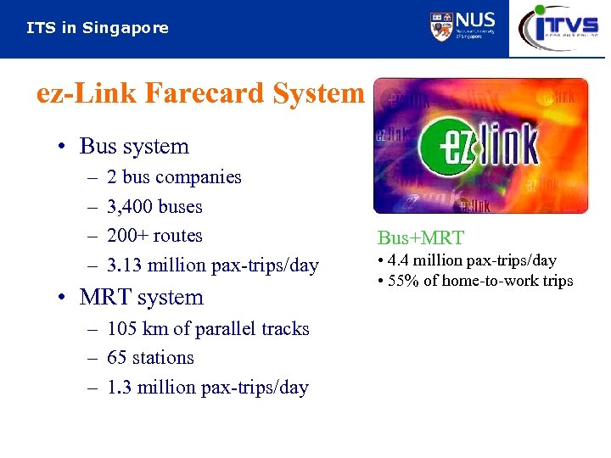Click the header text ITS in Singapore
(98, 28)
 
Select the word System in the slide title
(318, 92)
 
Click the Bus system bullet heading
(133, 146)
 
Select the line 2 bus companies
(174, 177)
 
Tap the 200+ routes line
(154, 236)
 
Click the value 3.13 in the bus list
(125, 265)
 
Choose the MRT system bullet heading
(141, 298)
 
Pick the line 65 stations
(150, 358)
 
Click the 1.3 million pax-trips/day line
(207, 388)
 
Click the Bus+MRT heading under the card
(420, 238)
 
